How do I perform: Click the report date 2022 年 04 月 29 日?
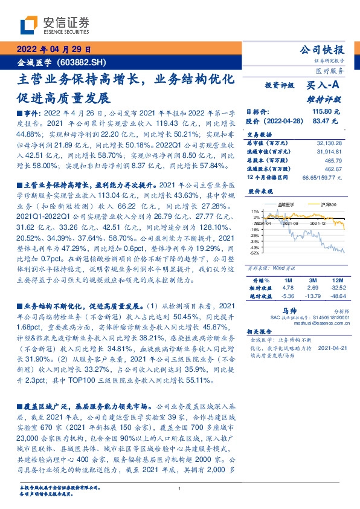click(x=53, y=50)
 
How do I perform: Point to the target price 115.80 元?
click(x=326, y=112)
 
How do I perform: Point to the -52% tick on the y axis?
click(x=256, y=253)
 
